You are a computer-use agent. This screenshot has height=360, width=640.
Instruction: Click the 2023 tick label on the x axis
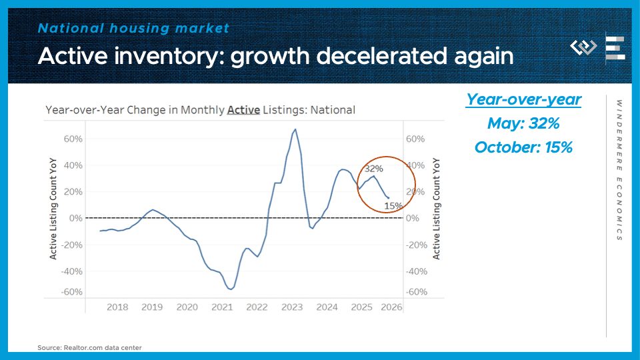click(x=292, y=307)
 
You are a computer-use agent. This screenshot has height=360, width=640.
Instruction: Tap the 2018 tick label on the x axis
click(x=117, y=307)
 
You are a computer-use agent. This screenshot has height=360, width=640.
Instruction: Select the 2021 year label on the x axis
click(x=222, y=307)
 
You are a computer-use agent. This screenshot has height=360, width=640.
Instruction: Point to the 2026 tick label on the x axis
click(x=391, y=307)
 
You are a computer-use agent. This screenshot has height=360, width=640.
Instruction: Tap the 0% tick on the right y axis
click(x=412, y=219)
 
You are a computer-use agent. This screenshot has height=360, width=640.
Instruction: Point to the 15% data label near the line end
click(x=393, y=206)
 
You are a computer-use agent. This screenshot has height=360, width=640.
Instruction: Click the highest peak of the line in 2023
click(x=295, y=129)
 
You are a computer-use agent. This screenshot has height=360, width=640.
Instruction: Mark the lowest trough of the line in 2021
click(x=230, y=289)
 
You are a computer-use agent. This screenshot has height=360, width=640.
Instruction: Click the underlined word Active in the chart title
click(x=243, y=110)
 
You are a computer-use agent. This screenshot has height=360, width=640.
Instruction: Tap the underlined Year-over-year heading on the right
click(x=523, y=100)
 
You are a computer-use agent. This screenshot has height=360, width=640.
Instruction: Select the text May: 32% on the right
click(x=523, y=123)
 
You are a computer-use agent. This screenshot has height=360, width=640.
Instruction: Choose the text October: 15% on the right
click(x=523, y=147)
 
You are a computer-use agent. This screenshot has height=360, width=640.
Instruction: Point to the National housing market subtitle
click(x=133, y=28)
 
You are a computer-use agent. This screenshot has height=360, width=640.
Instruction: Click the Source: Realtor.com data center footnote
click(x=89, y=347)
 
